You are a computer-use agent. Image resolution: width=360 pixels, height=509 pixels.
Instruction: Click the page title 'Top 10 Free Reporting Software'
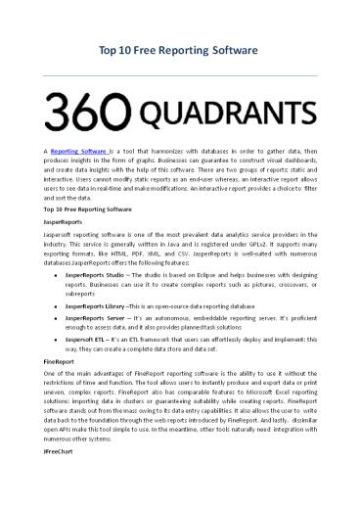coord(180,49)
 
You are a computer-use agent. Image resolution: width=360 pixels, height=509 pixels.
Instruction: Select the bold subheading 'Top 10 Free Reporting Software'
coord(85,210)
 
